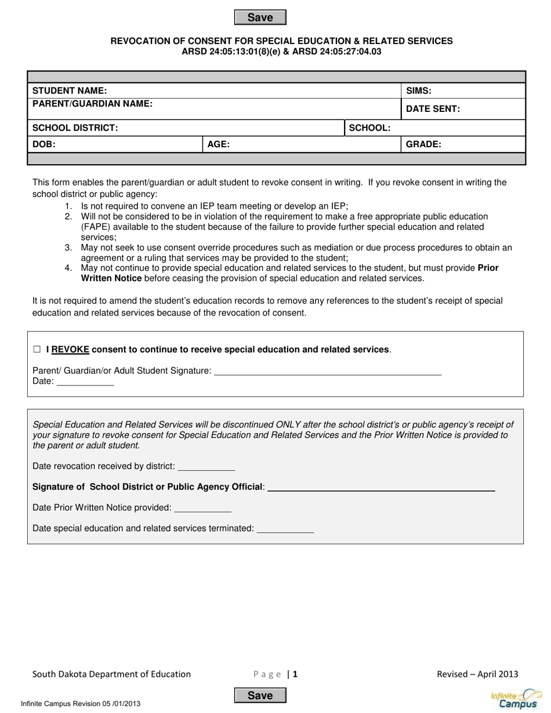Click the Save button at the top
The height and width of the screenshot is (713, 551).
tap(260, 17)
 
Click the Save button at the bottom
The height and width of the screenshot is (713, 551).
tap(260, 696)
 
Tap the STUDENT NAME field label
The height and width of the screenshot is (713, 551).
tap(70, 91)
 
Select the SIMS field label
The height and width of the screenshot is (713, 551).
tap(418, 91)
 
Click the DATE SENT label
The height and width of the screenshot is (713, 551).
tap(433, 109)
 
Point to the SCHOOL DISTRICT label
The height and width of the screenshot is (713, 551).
tap(75, 128)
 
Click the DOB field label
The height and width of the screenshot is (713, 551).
tap(44, 145)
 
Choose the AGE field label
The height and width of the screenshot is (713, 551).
tap(219, 145)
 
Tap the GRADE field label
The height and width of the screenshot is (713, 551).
tap(423, 145)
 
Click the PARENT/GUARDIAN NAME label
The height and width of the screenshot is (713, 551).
tap(93, 104)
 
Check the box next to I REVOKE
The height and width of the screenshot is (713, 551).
tap(37, 350)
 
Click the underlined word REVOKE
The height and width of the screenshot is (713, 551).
tap(70, 350)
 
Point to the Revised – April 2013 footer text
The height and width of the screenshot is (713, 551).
tap(477, 674)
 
